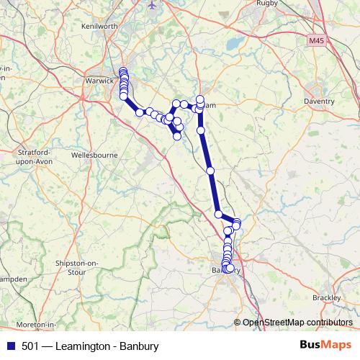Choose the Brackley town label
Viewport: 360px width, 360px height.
326,297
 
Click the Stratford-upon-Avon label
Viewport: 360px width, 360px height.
30,157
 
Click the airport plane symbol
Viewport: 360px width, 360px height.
151,4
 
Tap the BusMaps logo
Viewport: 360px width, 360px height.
325,346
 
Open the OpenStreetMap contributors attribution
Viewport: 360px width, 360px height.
297,322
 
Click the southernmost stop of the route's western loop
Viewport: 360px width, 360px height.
176,135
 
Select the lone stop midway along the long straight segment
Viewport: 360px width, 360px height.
210,171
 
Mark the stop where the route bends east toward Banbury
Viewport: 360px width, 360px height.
218,214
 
